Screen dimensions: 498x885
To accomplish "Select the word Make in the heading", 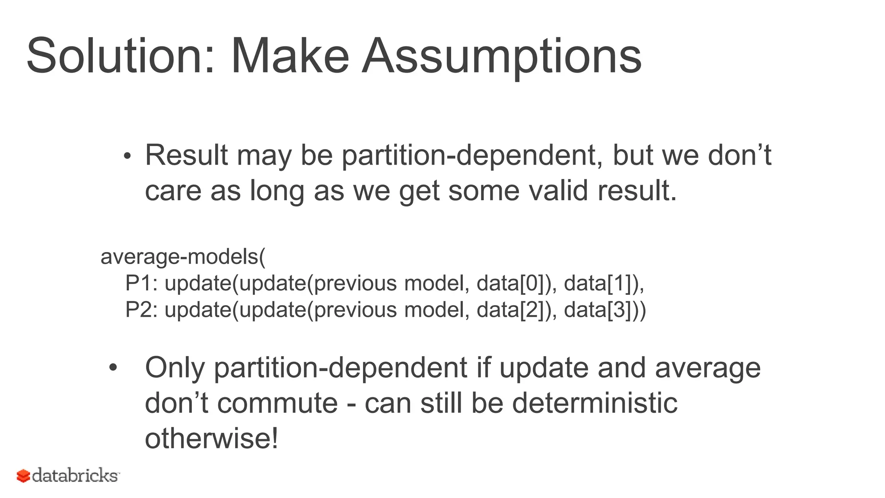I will tap(290, 56).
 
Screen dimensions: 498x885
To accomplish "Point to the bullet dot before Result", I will tap(127, 156).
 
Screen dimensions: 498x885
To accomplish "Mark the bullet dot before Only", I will tap(113, 368).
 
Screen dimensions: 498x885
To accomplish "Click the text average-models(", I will tap(183, 257).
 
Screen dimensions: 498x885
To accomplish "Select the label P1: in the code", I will tap(142, 284).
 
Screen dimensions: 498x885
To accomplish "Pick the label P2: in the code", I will tap(142, 310).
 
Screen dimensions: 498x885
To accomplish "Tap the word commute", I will tap(277, 403).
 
